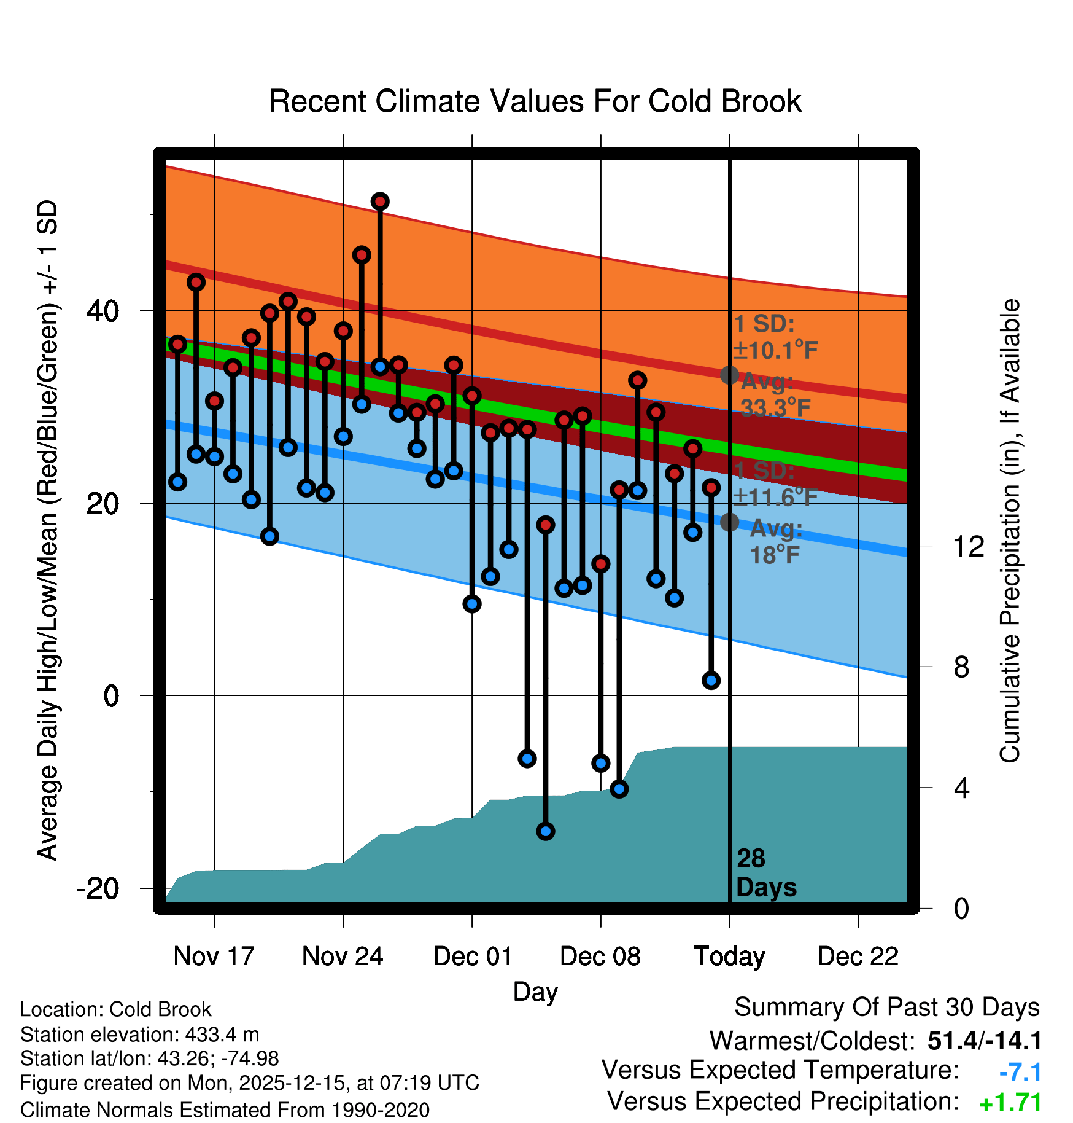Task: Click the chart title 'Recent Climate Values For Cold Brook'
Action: pyautogui.click(x=535, y=101)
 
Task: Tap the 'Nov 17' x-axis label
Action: pyautogui.click(x=214, y=957)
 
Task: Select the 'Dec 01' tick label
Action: pyautogui.click(x=472, y=957)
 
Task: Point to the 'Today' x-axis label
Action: pyautogui.click(x=729, y=957)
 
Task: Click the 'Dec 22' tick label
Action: pyautogui.click(x=858, y=957)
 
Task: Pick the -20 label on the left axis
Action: pyautogui.click(x=98, y=888)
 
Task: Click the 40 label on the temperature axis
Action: pyautogui.click(x=103, y=311)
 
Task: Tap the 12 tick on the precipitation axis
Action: pyautogui.click(x=968, y=546)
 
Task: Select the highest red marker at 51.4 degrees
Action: pyautogui.click(x=380, y=202)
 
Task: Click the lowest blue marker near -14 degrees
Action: pyautogui.click(x=546, y=831)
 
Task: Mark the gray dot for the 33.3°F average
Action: pyautogui.click(x=729, y=375)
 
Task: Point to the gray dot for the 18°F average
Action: pyautogui.click(x=729, y=522)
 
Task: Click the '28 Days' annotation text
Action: pyautogui.click(x=765, y=873)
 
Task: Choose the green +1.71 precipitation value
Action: pyautogui.click(x=1010, y=1103)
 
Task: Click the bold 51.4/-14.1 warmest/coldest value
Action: pyautogui.click(x=985, y=1041)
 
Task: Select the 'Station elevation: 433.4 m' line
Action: pyautogui.click(x=140, y=1035)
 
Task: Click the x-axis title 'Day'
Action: pyautogui.click(x=535, y=992)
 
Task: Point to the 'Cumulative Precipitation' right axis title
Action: pyautogui.click(x=1009, y=531)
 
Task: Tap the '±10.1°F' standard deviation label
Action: pyautogui.click(x=775, y=351)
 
